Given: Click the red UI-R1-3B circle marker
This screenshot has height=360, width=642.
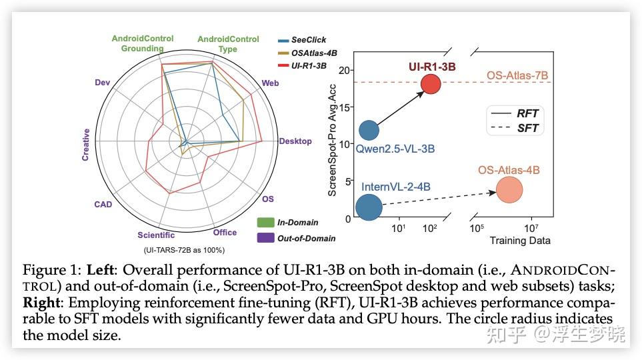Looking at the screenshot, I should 431,85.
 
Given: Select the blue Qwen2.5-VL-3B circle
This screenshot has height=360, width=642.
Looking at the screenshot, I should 369,130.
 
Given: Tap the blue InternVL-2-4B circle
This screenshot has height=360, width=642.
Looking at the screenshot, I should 369,207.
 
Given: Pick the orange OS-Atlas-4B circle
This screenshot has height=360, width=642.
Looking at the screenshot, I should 509,190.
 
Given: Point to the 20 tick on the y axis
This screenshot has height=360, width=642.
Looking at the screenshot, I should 344,70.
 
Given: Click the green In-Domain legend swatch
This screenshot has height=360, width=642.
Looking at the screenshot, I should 265,222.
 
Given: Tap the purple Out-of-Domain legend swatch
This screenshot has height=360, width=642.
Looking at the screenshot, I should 265,237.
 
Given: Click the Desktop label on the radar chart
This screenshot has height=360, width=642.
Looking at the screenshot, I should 295,141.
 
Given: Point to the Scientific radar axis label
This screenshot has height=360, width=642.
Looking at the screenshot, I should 156,235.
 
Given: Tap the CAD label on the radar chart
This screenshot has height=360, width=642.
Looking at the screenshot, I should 103,204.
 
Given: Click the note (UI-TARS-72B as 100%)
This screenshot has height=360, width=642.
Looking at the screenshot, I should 185,249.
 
